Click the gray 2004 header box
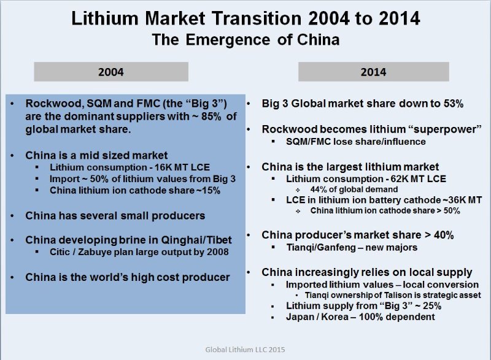pyautogui.click(x=111, y=72)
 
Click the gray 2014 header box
pyautogui.click(x=374, y=72)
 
